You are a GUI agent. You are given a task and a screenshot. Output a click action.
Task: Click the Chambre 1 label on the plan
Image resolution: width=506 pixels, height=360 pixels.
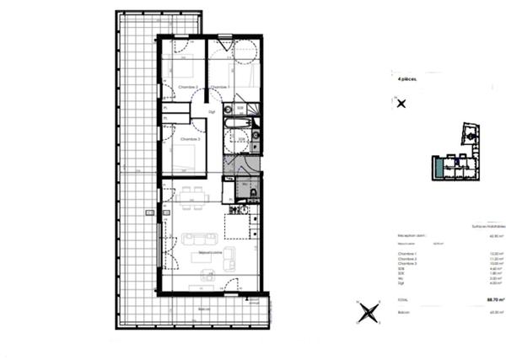click(x=221, y=88)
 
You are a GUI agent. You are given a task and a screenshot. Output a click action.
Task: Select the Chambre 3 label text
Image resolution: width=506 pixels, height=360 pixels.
click(x=188, y=138)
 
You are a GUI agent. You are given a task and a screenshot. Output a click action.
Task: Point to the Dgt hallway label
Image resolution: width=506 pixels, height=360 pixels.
click(x=212, y=110)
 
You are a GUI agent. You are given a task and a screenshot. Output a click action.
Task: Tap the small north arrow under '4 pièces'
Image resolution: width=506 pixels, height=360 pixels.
click(x=401, y=104)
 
